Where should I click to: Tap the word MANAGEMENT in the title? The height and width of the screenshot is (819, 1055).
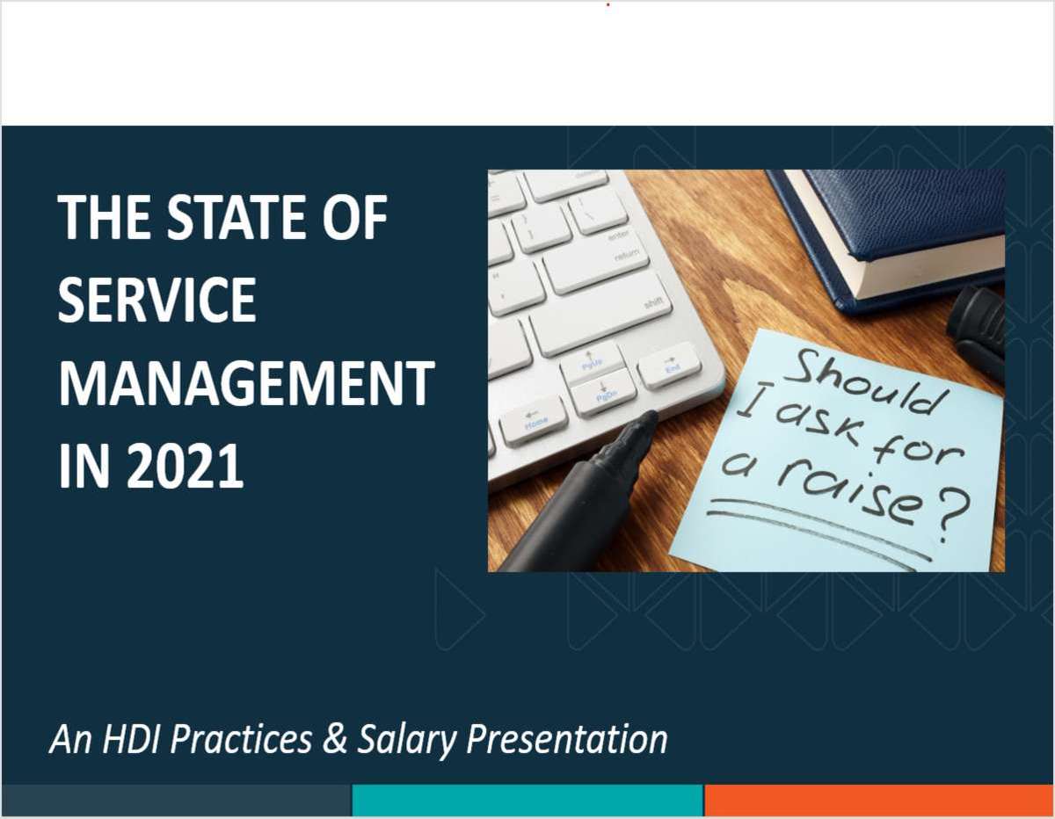pos(246,383)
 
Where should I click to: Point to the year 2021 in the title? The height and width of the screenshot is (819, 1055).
pos(185,466)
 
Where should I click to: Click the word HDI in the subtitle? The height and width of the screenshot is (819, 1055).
pos(133,739)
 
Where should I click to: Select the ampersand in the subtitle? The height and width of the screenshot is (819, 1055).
pos(335,739)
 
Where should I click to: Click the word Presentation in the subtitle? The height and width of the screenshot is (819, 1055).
pos(566,739)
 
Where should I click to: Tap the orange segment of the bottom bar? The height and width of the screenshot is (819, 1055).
pos(879,801)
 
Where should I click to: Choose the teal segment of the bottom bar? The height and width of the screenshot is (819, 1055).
pos(527,801)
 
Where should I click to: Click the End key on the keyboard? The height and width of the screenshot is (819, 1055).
pos(670,365)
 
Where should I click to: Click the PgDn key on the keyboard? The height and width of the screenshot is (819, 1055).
pos(604,392)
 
